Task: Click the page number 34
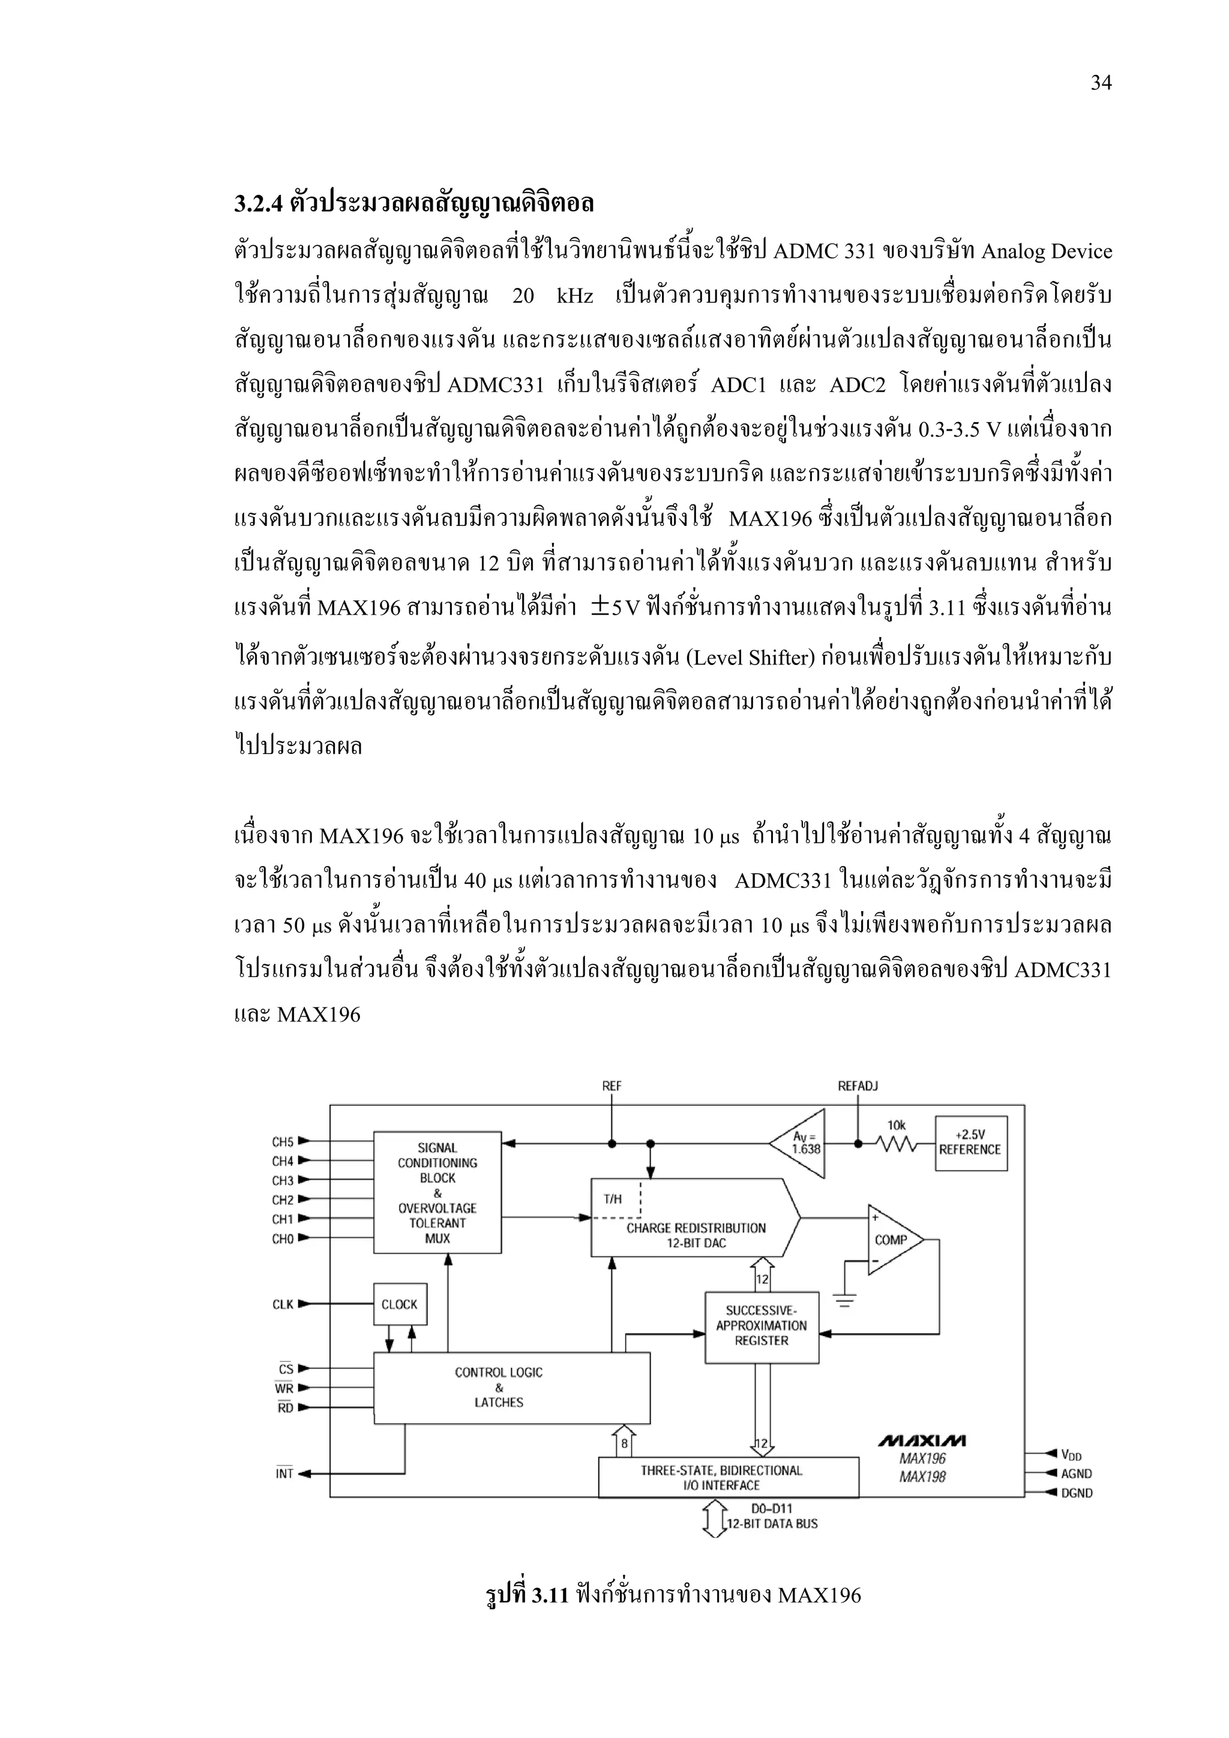(1100, 83)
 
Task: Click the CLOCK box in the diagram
(400, 1304)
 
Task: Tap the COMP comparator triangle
(894, 1240)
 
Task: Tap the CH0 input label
(283, 1238)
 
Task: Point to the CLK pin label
(283, 1304)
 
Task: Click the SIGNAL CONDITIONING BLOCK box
(437, 1192)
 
